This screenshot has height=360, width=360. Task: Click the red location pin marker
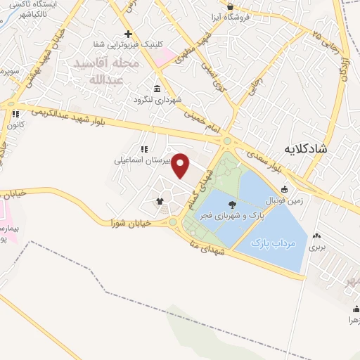click(181, 165)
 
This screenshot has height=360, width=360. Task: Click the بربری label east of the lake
click(319, 247)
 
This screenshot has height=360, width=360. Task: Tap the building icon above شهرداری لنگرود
click(155, 89)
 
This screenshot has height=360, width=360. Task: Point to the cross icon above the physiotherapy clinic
click(127, 34)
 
